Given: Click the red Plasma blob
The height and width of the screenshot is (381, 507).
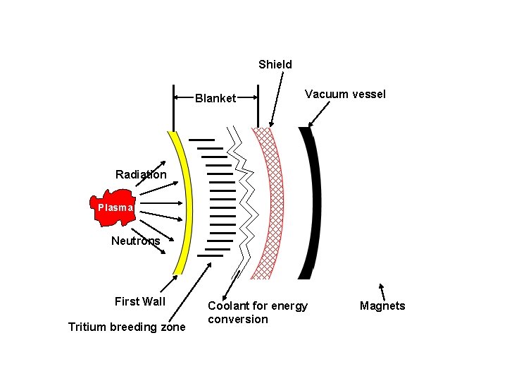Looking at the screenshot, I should pyautogui.click(x=112, y=207).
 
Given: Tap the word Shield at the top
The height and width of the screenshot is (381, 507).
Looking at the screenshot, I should pyautogui.click(x=275, y=64).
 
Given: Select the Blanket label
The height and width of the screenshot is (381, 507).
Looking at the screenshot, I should pyautogui.click(x=215, y=98).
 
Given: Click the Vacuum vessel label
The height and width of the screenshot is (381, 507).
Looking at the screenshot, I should pyautogui.click(x=345, y=94).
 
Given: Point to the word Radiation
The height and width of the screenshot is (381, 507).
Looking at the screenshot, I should pyautogui.click(x=141, y=174).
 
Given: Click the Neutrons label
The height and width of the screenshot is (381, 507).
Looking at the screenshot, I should pyautogui.click(x=136, y=241).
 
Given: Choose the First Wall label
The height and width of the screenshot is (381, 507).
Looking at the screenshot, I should pyautogui.click(x=140, y=301).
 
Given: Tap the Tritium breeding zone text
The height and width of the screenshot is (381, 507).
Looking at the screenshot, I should pyautogui.click(x=127, y=327).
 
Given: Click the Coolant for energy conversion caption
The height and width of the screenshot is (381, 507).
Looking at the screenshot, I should pyautogui.click(x=258, y=313).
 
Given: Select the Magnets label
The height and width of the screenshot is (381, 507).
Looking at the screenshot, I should pyautogui.click(x=382, y=306).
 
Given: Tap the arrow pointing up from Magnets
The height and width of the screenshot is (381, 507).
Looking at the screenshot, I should pyautogui.click(x=382, y=291).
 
